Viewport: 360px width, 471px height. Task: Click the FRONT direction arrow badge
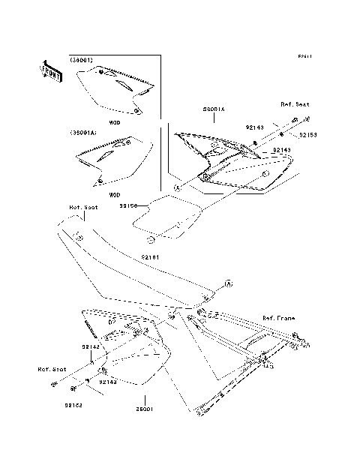pyautogui.click(x=50, y=70)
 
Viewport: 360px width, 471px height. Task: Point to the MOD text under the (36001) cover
pyautogui.click(x=115, y=121)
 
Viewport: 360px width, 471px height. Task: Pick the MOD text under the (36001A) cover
pyautogui.click(x=115, y=194)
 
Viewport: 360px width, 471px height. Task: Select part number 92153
pyautogui.click(x=309, y=136)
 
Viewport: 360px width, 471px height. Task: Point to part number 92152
pyautogui.click(x=72, y=405)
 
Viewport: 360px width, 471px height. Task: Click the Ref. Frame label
pyautogui.click(x=279, y=319)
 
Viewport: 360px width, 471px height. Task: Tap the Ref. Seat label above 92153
pyautogui.click(x=295, y=104)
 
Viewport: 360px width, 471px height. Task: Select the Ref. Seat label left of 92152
pyautogui.click(x=52, y=370)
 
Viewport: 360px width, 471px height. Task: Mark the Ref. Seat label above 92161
pyautogui.click(x=84, y=208)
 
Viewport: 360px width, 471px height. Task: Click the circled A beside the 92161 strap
pyautogui.click(x=229, y=283)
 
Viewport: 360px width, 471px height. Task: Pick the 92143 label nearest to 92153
pyautogui.click(x=255, y=129)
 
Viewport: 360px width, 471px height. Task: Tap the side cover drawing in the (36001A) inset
pyautogui.click(x=109, y=161)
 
